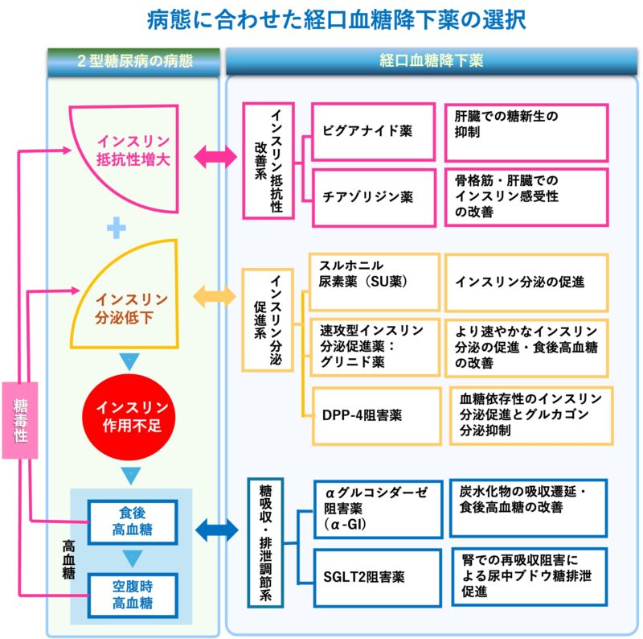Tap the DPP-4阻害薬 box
pyautogui.click(x=375, y=415)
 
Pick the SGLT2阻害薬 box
pyautogui.click(x=375, y=577)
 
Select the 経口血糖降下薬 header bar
pyautogui.click(x=432, y=60)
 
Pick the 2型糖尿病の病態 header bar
pyautogui.click(x=132, y=60)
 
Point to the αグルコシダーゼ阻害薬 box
pyautogui.click(x=376, y=508)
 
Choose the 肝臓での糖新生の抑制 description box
pyautogui.click(x=526, y=130)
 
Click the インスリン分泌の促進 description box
pyautogui.click(x=526, y=282)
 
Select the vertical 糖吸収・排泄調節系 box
pyautogui.click(x=264, y=541)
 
